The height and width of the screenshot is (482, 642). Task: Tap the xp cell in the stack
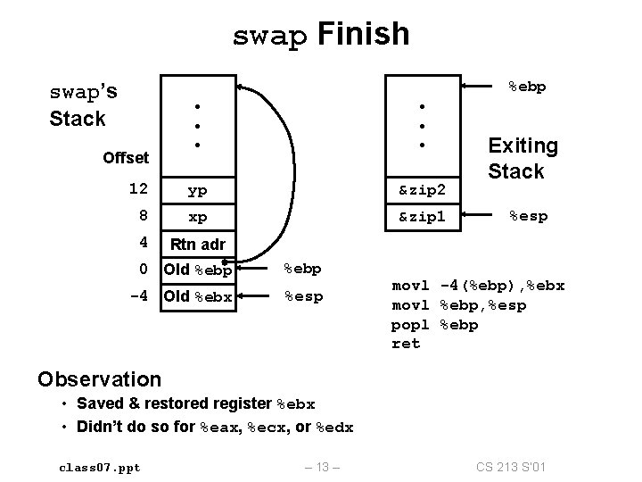click(198, 217)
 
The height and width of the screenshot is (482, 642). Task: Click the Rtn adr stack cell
click(197, 244)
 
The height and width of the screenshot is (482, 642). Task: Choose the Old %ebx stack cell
click(197, 295)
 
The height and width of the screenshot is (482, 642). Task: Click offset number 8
click(142, 216)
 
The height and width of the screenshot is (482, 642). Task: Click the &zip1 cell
click(422, 217)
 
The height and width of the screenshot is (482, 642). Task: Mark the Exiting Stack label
click(523, 158)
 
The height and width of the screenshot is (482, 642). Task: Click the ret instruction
click(406, 344)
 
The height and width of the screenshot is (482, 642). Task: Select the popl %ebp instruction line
click(434, 325)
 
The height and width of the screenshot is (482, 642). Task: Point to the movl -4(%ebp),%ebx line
click(478, 287)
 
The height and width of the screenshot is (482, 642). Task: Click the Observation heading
click(100, 378)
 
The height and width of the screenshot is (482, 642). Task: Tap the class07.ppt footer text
click(99, 467)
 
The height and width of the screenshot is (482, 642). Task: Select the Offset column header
click(126, 158)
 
